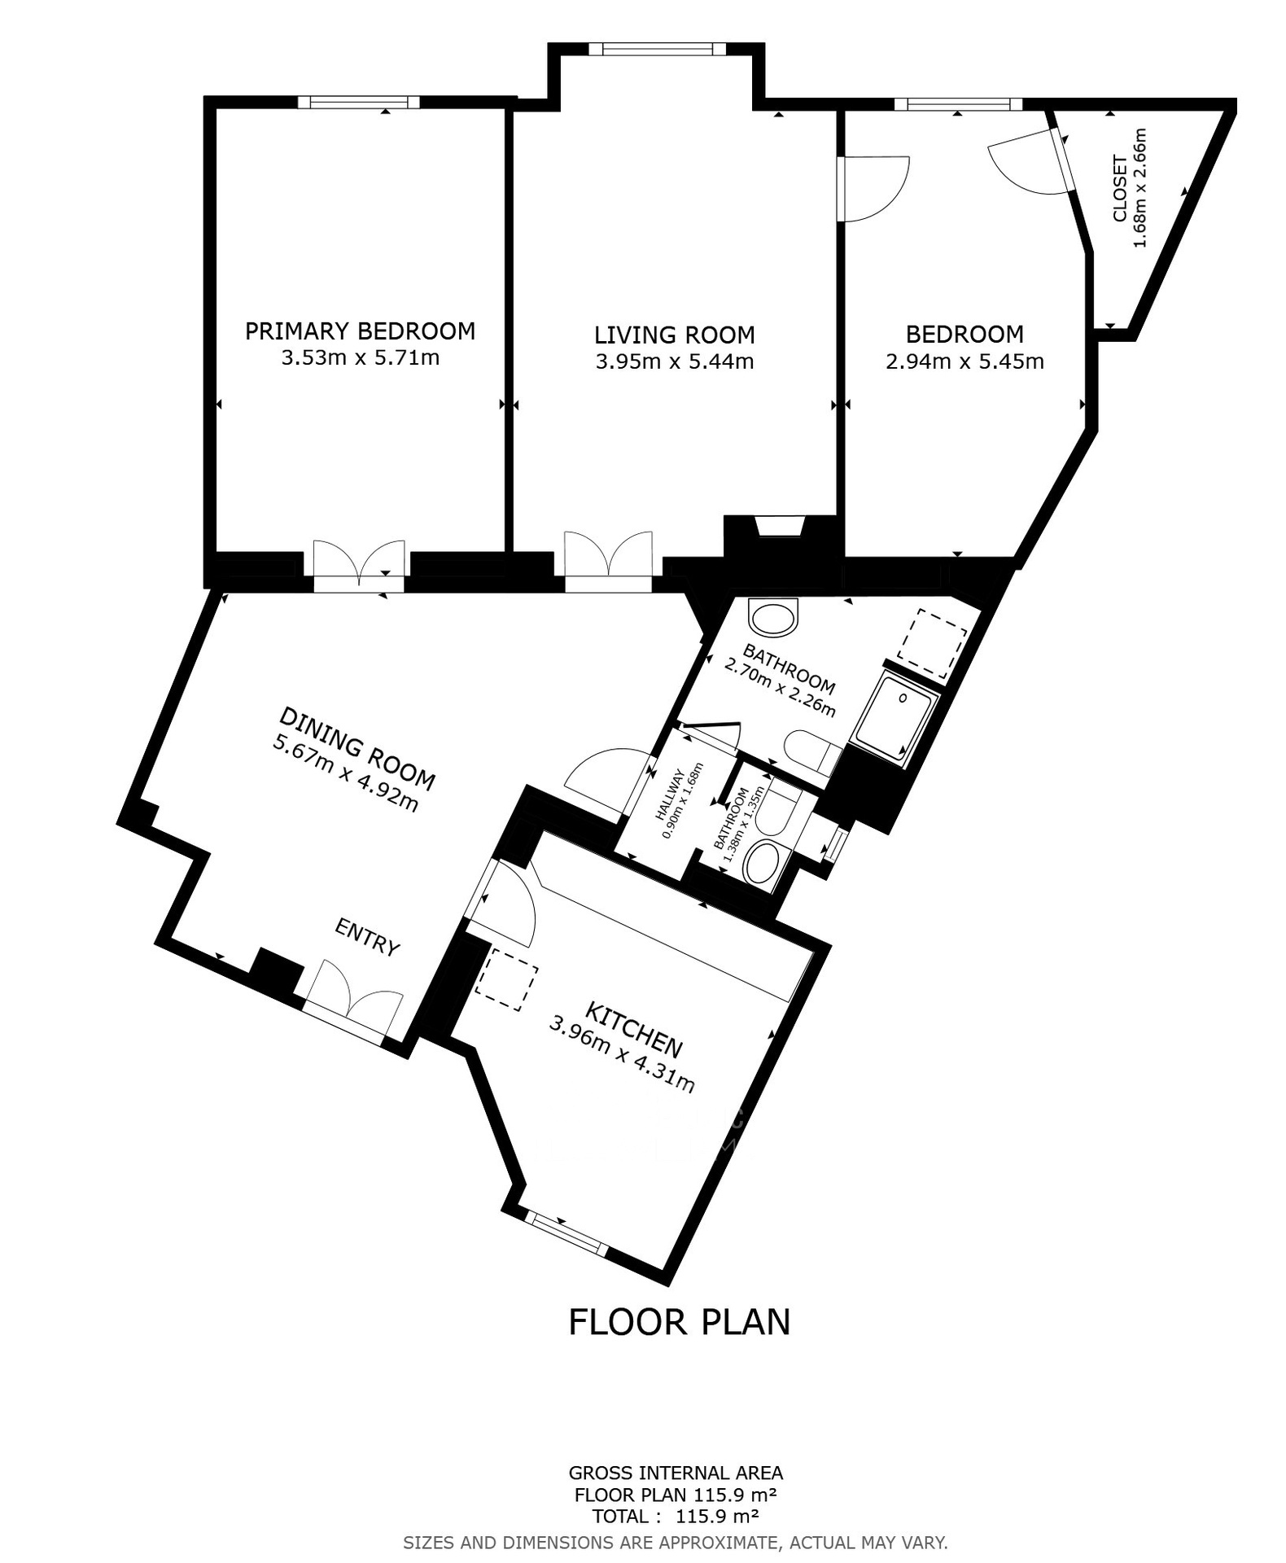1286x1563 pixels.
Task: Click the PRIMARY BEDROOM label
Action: pyautogui.click(x=360, y=331)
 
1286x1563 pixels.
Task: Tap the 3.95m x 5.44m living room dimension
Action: pyautogui.click(x=674, y=361)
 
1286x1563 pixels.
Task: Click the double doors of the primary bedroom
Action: pyautogui.click(x=359, y=561)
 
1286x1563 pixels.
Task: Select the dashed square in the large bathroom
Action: pyautogui.click(x=933, y=643)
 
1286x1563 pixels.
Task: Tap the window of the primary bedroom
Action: pyautogui.click(x=358, y=103)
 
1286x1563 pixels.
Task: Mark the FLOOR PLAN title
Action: pyautogui.click(x=679, y=1321)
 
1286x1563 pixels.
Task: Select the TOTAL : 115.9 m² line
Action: pyautogui.click(x=676, y=1516)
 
